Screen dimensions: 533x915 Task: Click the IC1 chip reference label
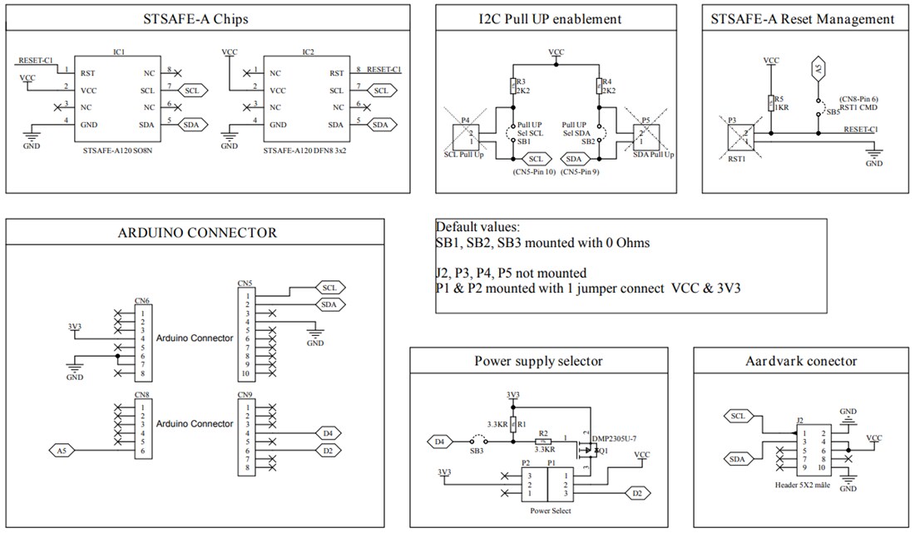119,52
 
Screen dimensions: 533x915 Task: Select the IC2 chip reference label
308,52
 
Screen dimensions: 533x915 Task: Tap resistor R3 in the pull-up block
513,86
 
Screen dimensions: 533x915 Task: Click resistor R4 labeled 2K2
600,86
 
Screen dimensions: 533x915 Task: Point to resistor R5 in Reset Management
771,102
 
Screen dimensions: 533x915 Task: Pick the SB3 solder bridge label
476,451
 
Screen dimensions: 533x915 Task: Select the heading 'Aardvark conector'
801,361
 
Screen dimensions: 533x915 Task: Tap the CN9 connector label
245,394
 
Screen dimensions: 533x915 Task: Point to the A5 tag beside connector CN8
61,451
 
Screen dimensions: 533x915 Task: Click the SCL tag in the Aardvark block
739,416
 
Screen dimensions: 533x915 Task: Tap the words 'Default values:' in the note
478,227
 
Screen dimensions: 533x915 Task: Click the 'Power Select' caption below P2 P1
550,511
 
